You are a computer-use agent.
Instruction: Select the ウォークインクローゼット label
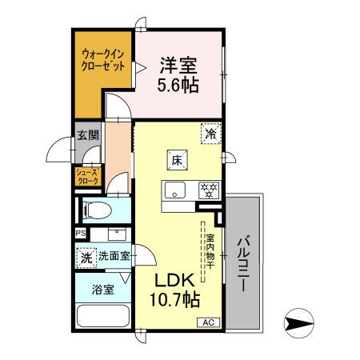(103, 61)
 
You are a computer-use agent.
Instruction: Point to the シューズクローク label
(87, 177)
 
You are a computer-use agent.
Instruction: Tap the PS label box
(80, 234)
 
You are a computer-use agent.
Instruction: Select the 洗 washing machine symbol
(86, 258)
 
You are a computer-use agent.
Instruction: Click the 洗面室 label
(114, 258)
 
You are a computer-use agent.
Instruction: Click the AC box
(207, 322)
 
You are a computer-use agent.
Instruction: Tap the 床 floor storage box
(177, 160)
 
